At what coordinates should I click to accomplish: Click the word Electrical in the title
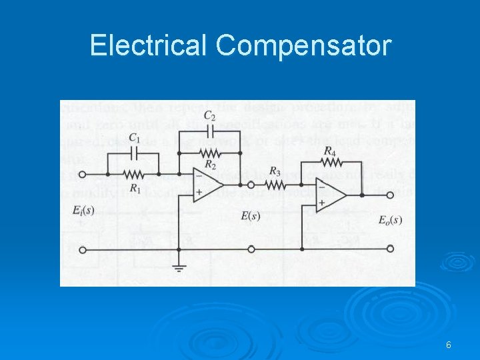point(149,46)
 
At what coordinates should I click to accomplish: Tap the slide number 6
point(449,345)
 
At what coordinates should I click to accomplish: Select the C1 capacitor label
point(134,139)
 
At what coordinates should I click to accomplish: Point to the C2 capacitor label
point(209,117)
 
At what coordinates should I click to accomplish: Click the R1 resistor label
point(135,189)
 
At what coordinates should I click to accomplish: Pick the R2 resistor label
point(210,164)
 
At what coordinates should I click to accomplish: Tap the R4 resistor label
point(329,151)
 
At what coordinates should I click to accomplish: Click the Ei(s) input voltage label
point(83,211)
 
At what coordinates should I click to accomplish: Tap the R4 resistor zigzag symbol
point(329,163)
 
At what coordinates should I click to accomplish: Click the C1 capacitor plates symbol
point(134,153)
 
